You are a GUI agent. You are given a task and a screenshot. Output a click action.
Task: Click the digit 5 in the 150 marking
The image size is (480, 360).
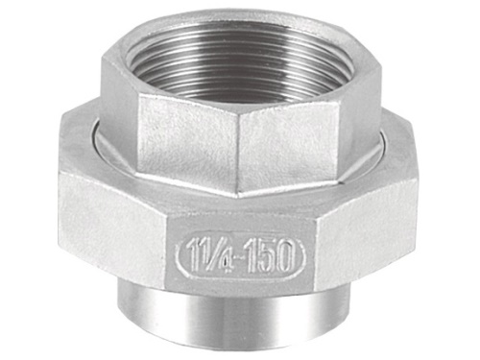tap(261, 254)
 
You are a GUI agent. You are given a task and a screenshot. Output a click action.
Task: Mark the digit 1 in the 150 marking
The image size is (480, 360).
tap(247, 254)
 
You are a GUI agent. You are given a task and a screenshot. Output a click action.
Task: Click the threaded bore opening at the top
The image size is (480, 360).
tap(239, 65)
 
